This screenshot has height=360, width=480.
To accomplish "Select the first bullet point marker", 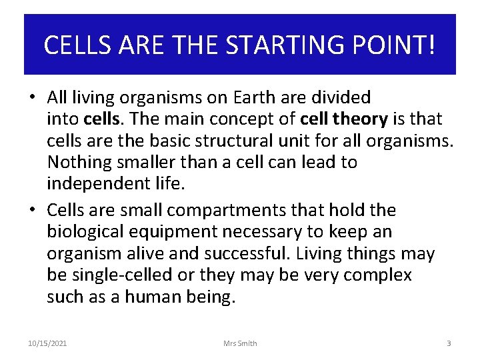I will (32, 98).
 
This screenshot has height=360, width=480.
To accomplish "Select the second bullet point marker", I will (32, 211).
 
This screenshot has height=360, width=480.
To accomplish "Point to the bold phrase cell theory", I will (344, 119).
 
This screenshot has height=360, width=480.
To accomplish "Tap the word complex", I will (381, 275).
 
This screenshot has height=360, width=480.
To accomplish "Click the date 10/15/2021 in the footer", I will (47, 343).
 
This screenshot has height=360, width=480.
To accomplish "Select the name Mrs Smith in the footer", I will (240, 343).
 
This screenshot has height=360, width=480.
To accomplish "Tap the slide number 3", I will (449, 343).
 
